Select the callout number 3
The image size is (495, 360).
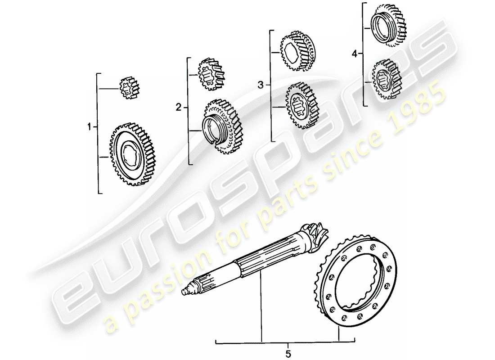[x=261, y=85]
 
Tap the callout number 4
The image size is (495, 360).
[x=355, y=54]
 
